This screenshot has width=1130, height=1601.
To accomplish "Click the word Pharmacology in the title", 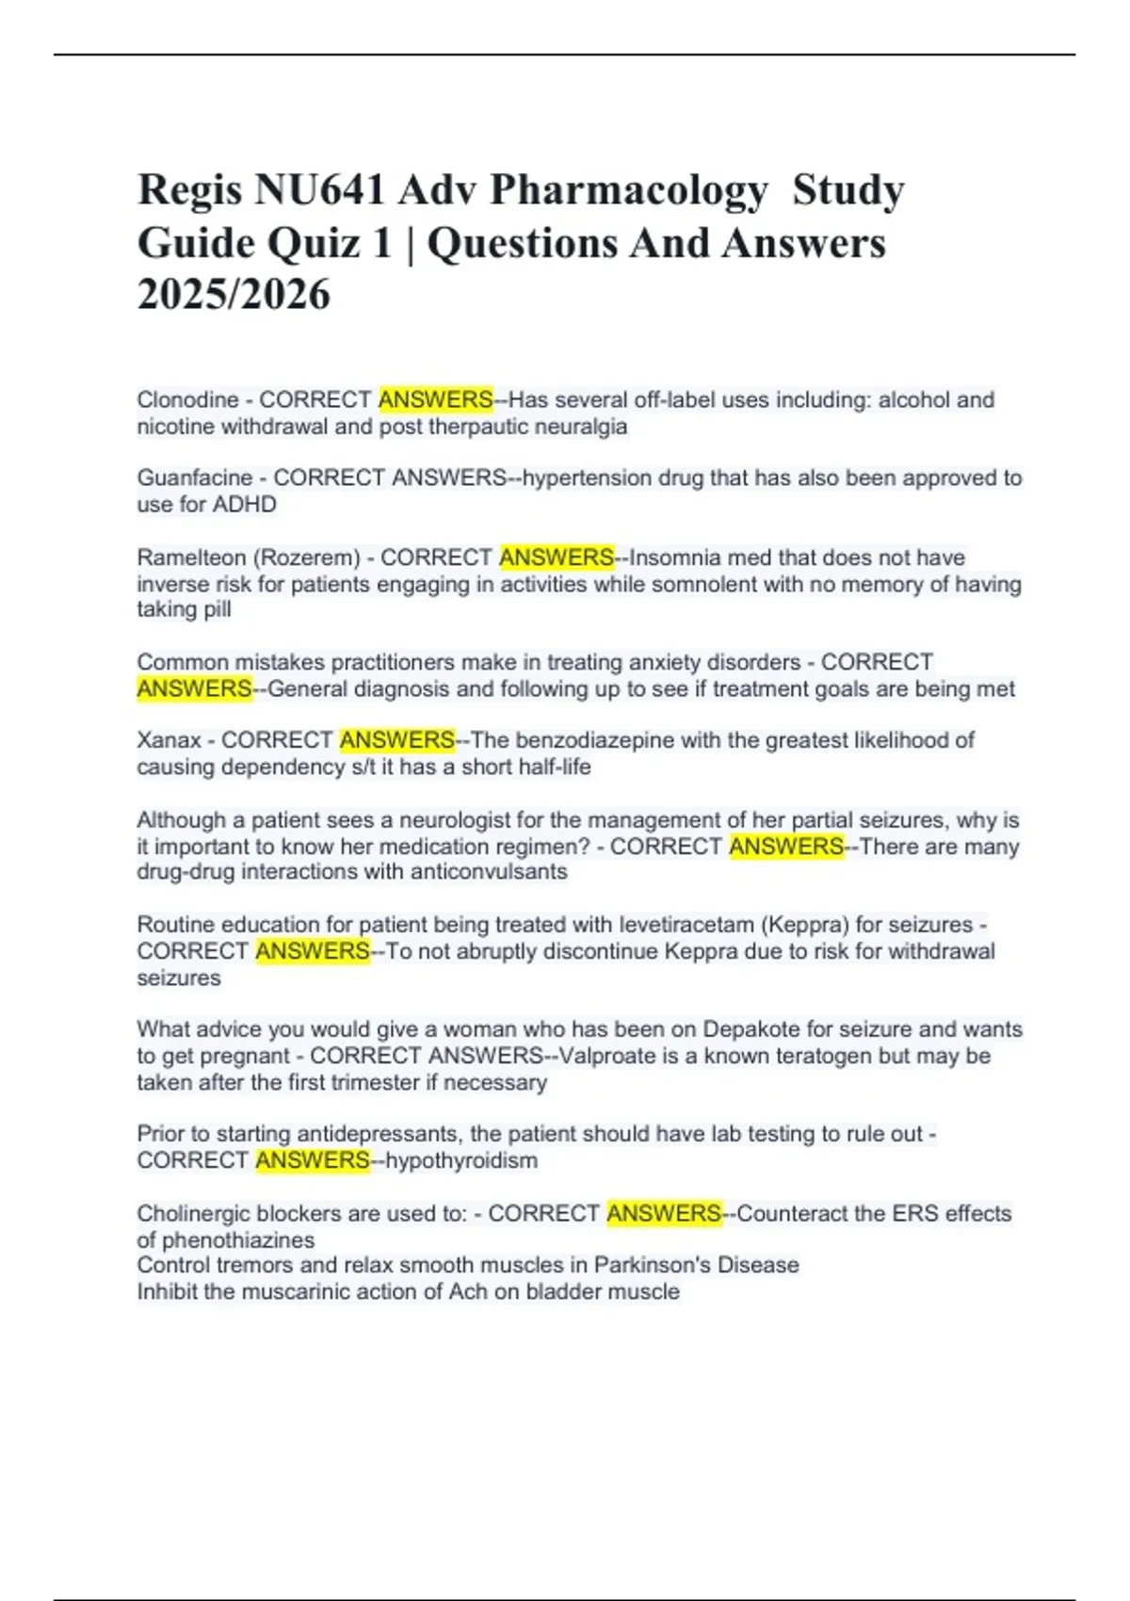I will (x=628, y=190).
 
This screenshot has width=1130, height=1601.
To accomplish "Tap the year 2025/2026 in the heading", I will (x=234, y=295).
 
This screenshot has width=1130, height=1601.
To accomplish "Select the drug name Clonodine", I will (x=187, y=400).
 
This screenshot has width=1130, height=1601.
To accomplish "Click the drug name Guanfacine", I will (x=194, y=478).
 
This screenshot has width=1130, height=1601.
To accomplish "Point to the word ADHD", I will (x=244, y=505).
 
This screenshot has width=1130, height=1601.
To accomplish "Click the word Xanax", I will (x=169, y=740).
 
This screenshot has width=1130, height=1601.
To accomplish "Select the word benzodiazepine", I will (x=593, y=740).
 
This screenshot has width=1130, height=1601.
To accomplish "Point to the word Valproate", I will (x=600, y=1056).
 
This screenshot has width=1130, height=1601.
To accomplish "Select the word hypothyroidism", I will (x=461, y=1160).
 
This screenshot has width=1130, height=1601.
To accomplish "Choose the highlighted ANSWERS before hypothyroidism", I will (x=312, y=1160).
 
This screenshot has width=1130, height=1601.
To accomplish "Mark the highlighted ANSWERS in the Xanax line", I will (x=396, y=740).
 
